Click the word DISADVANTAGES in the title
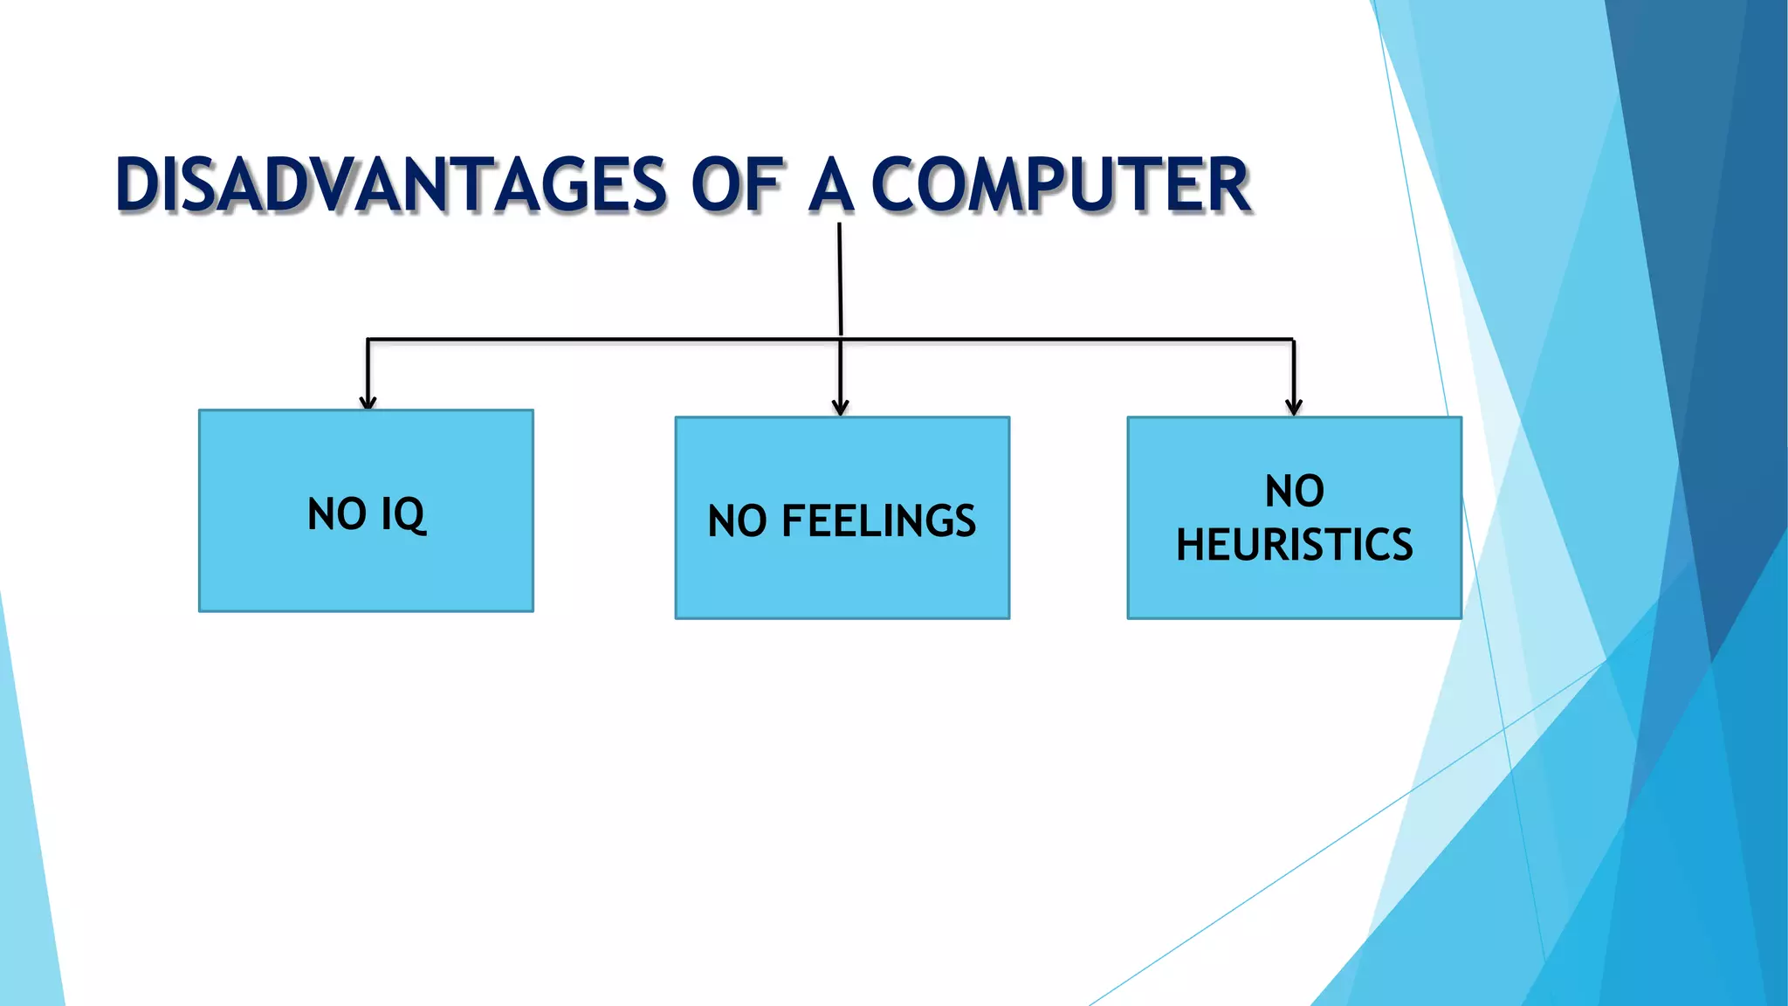click(391, 185)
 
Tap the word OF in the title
click(736, 185)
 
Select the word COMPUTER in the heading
click(1061, 185)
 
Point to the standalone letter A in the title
click(830, 185)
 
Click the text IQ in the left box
click(403, 514)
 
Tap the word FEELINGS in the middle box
click(878, 521)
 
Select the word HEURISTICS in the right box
click(1294, 545)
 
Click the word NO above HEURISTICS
click(1294, 491)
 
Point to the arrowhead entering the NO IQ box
click(368, 403)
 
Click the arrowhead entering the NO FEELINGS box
click(840, 409)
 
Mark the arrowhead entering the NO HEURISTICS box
click(1294, 409)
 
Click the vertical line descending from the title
click(840, 279)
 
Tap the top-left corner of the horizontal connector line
click(368, 340)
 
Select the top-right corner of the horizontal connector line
click(1293, 340)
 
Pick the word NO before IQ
click(337, 514)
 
